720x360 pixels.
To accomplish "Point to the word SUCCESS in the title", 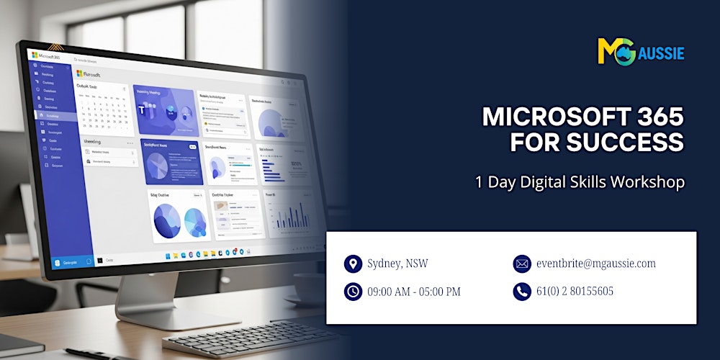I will coord(597,143).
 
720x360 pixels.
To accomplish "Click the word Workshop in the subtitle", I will coord(648,182).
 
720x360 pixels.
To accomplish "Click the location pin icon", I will coord(353,264).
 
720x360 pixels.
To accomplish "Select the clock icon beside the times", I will coord(353,292).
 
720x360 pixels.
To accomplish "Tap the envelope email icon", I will coord(521,264).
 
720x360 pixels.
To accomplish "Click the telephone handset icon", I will coord(521,292).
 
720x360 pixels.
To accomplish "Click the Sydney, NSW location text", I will coord(397,264).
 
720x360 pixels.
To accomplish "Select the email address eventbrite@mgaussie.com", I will coord(595,264).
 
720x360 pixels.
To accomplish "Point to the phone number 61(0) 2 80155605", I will coord(575,292).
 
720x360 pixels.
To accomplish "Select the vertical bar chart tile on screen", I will coord(290,213).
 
